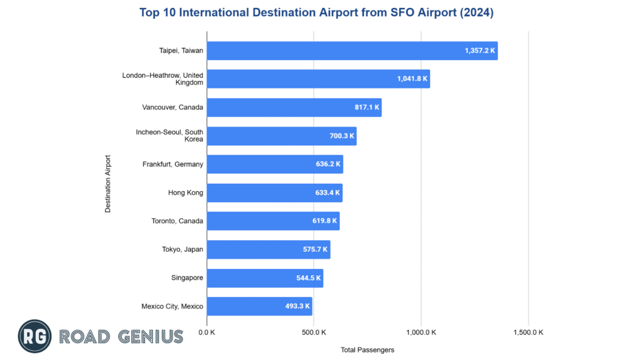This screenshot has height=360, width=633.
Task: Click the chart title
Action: pyautogui.click(x=316, y=12)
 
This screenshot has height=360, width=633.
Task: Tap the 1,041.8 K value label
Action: pyautogui.click(x=412, y=79)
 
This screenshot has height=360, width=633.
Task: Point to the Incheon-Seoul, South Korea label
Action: pyautogui.click(x=169, y=135)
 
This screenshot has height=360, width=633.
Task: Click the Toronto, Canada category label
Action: pyautogui.click(x=177, y=221)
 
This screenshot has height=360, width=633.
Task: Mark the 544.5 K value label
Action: pyautogui.click(x=308, y=278)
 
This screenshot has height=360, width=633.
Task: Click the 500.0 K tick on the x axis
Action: pyautogui.click(x=313, y=332)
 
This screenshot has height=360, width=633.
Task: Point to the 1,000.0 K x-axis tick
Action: pyautogui.click(x=420, y=332)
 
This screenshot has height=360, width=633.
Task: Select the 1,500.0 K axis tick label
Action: pyautogui.click(x=528, y=332)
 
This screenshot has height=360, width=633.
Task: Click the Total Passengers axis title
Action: pyautogui.click(x=367, y=349)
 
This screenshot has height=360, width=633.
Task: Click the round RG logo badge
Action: pyautogui.click(x=34, y=336)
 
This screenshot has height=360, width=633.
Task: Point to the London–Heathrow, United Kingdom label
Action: pyautogui.click(x=163, y=79)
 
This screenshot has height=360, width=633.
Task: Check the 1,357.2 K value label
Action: pyautogui.click(x=480, y=51)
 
